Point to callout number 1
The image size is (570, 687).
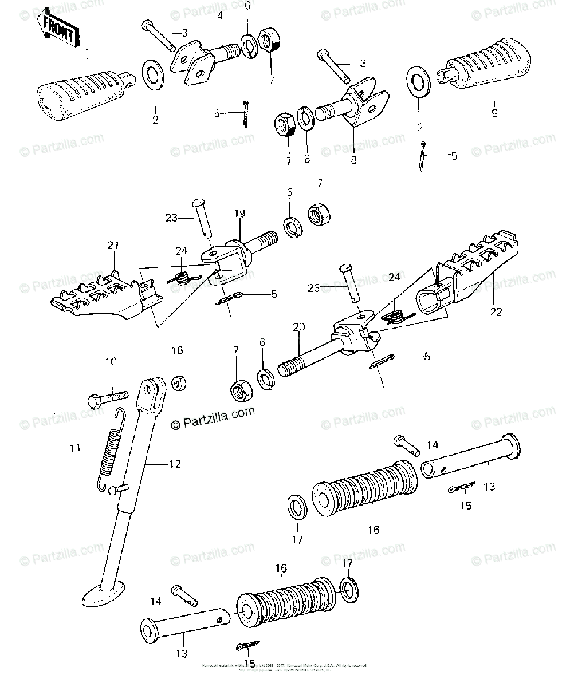[x=87, y=54]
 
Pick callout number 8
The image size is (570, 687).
[x=353, y=160]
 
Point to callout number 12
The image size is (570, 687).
[x=174, y=465]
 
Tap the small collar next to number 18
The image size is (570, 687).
[x=179, y=382]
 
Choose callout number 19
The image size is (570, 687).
[x=240, y=214]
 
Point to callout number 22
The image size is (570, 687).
[x=496, y=311]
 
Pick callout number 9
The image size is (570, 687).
[x=494, y=113]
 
